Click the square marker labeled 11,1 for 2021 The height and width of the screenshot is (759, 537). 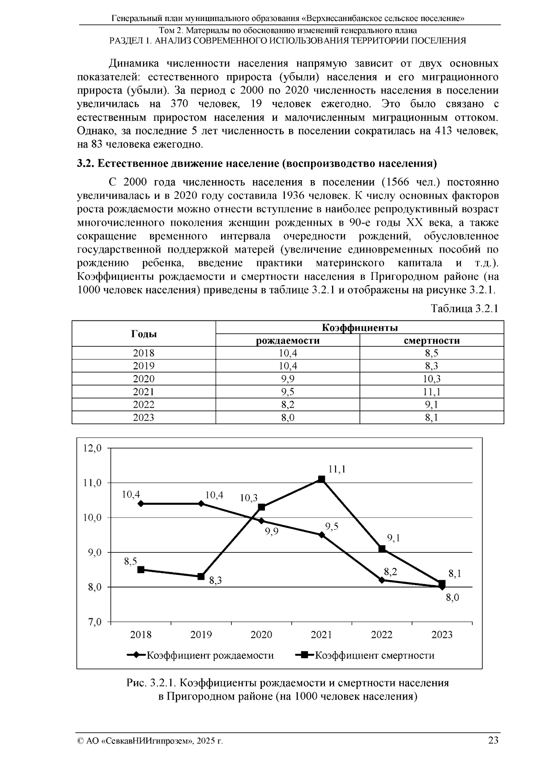321,479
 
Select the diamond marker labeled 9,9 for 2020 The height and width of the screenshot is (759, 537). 261,521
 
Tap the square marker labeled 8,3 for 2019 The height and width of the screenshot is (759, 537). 201,577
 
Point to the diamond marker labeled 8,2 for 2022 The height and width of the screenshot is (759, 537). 382,580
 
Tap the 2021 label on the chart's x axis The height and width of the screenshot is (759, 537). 321,635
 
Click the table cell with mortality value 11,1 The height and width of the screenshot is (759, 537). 431,392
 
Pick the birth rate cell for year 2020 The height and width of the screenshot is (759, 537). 287,379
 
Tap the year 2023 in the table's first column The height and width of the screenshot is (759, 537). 144,418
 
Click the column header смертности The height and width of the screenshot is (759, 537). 431,341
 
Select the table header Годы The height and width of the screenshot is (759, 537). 144,334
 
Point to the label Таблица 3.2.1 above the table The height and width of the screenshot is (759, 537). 464,309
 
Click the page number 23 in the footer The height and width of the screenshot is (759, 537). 493,740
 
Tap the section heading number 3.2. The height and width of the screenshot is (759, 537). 85,163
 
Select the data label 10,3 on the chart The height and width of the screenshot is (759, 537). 249,498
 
